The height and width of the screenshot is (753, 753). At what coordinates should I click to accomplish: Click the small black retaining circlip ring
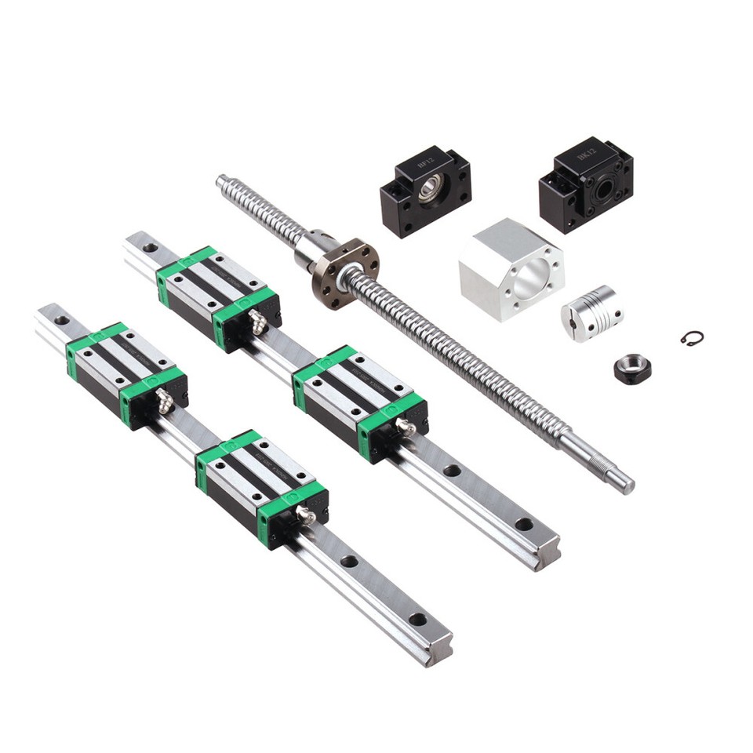pos(691,337)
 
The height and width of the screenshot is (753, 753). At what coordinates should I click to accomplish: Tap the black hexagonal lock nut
pos(631,369)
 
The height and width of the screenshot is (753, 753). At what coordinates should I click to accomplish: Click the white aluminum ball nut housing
pos(511,268)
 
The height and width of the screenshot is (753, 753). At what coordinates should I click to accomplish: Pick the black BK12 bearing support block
pos(586,183)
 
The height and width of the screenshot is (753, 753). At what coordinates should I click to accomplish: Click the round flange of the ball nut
pos(346,264)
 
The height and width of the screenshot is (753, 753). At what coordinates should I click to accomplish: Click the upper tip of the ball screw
pos(222,182)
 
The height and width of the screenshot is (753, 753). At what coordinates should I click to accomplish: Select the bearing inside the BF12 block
pos(431,191)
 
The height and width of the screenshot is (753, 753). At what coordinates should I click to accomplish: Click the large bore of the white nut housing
pos(533,272)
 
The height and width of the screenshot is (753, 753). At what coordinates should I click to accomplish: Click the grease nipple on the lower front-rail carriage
pos(305,515)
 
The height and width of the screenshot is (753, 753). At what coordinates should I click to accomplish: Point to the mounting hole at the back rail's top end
pos(148,248)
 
